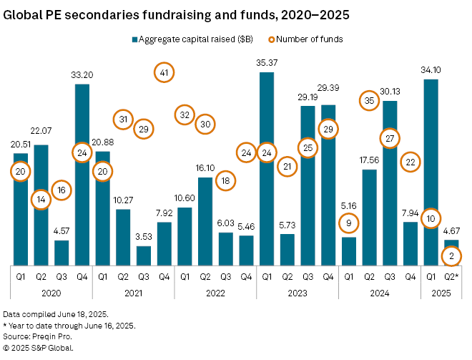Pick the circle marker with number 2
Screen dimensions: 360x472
click(x=452, y=255)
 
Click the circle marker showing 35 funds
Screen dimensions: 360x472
click(x=370, y=101)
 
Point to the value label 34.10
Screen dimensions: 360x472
click(x=431, y=69)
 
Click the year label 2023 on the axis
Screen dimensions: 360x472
click(x=297, y=292)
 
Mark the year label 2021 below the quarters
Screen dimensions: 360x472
click(x=134, y=292)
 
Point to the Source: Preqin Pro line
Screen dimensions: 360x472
click(x=36, y=337)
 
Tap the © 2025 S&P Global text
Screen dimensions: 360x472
click(x=39, y=348)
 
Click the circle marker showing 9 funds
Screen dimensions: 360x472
click(x=349, y=224)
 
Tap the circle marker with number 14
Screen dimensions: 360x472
click(x=41, y=200)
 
